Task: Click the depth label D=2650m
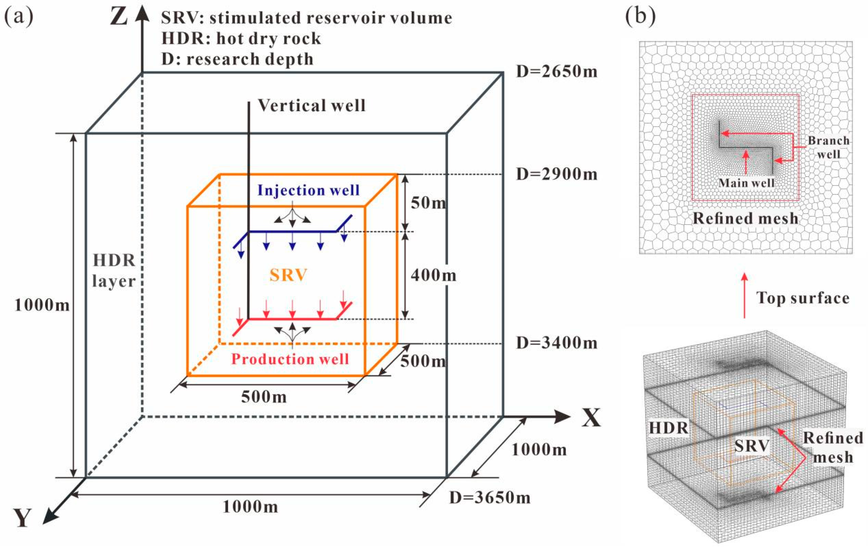click(x=556, y=72)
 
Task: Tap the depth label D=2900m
click(x=556, y=174)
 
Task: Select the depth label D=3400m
click(x=556, y=343)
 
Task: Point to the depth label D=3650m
click(x=489, y=497)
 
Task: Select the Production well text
click(x=290, y=359)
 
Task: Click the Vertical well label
click(x=312, y=105)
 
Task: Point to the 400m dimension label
click(x=433, y=276)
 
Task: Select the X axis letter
click(x=591, y=418)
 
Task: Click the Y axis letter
click(x=22, y=519)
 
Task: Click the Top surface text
click(x=803, y=298)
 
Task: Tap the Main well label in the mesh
click(x=746, y=183)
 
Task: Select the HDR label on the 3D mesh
click(x=669, y=428)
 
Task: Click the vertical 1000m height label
click(x=42, y=305)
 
